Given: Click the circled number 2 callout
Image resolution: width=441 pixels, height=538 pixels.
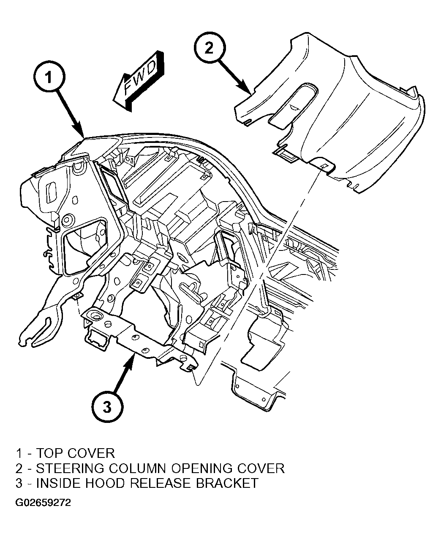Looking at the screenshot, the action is pos(210,48).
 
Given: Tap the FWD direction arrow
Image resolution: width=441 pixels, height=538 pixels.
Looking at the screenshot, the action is pos(138,81).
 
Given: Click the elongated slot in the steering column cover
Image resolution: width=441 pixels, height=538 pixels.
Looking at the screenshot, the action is pos(294,105).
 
